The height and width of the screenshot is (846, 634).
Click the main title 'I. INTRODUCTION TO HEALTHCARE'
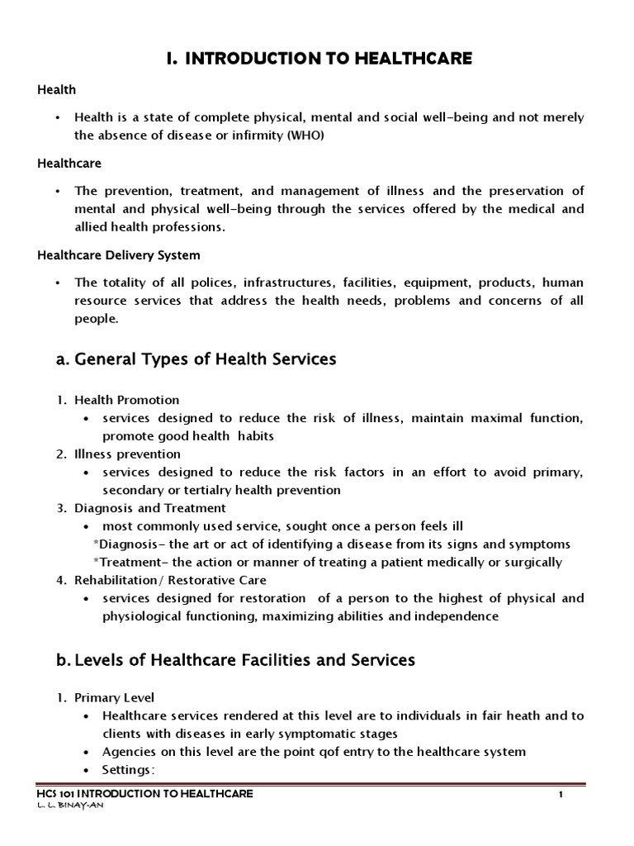click(316, 57)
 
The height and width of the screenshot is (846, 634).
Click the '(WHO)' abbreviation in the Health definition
click(306, 135)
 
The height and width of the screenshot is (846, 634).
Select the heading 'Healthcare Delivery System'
click(119, 255)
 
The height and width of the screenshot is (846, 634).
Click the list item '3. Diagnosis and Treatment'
click(141, 508)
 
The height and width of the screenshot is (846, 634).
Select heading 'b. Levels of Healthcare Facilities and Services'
click(226, 660)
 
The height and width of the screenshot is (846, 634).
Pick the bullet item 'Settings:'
click(129, 770)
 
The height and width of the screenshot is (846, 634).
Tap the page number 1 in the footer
click(561, 795)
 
